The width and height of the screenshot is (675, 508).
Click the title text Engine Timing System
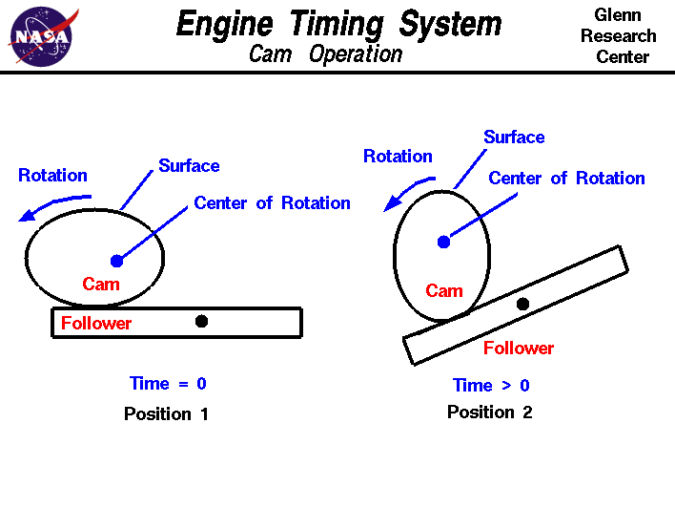338,23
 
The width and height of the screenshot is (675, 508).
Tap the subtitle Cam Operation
325,53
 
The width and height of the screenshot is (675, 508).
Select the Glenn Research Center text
618,36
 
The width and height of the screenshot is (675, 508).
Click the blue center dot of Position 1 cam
117,261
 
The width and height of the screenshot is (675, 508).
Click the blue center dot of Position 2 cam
443,242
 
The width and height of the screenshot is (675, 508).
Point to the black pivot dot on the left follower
201,321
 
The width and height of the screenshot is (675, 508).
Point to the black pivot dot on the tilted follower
522,304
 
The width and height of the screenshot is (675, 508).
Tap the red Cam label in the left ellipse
101,284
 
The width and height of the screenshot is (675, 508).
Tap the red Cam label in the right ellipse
443,290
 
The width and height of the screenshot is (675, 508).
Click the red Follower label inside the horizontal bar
96,323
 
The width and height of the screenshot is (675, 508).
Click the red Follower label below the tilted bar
518,348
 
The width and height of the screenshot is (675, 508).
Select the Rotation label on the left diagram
52,175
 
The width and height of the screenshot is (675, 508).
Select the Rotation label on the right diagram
398,156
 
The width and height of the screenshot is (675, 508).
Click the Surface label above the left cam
189,165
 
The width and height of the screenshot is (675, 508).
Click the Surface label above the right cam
514,137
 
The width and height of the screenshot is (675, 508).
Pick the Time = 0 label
168,383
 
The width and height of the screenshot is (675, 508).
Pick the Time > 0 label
491,385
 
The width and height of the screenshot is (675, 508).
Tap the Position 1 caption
166,413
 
